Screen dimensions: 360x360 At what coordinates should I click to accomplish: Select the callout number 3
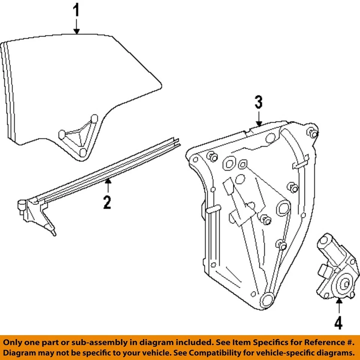tap(259, 102)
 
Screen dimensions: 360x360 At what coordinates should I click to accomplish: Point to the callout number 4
tap(338, 323)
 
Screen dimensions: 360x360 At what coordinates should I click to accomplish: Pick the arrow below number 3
tap(259, 119)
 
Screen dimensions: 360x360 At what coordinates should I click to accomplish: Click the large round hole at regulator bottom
tap(268, 299)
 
